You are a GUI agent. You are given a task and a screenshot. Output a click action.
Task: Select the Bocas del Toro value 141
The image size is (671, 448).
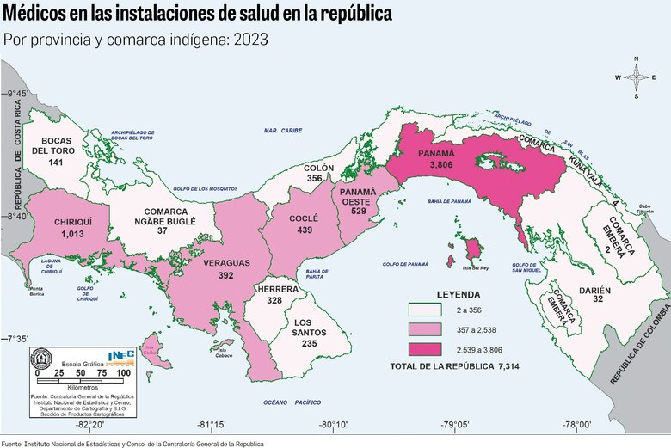(x=56, y=162)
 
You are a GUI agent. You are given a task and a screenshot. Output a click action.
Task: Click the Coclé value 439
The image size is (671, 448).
(x=305, y=230)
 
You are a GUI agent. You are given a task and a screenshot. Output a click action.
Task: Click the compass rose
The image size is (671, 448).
(x=637, y=77)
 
